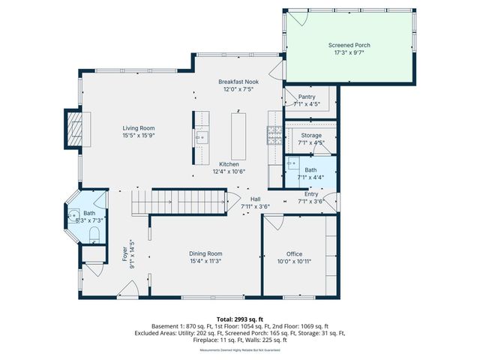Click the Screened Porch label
pyautogui.click(x=349, y=45)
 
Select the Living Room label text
pyautogui.click(x=139, y=128)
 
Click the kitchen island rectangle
pyautogui.click(x=239, y=136)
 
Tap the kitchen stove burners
pyautogui.click(x=273, y=135)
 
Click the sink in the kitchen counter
pyautogui.click(x=200, y=138)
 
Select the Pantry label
pyautogui.click(x=307, y=97)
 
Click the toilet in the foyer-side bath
pyautogui.click(x=94, y=235)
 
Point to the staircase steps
pyautogui.click(x=180, y=202)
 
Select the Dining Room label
pyautogui.click(x=205, y=253)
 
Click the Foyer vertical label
pyautogui.click(x=125, y=253)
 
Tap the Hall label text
pyautogui.click(x=255, y=199)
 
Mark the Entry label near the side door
pyautogui.click(x=310, y=193)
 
